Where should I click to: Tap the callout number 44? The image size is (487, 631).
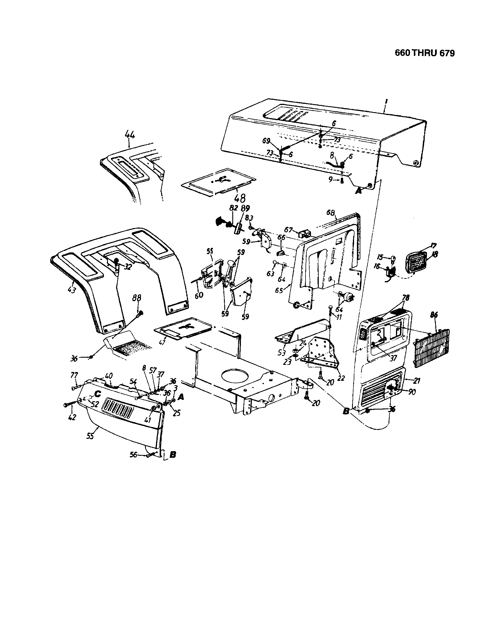click(130, 135)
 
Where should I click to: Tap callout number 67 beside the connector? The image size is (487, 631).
click(288, 229)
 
